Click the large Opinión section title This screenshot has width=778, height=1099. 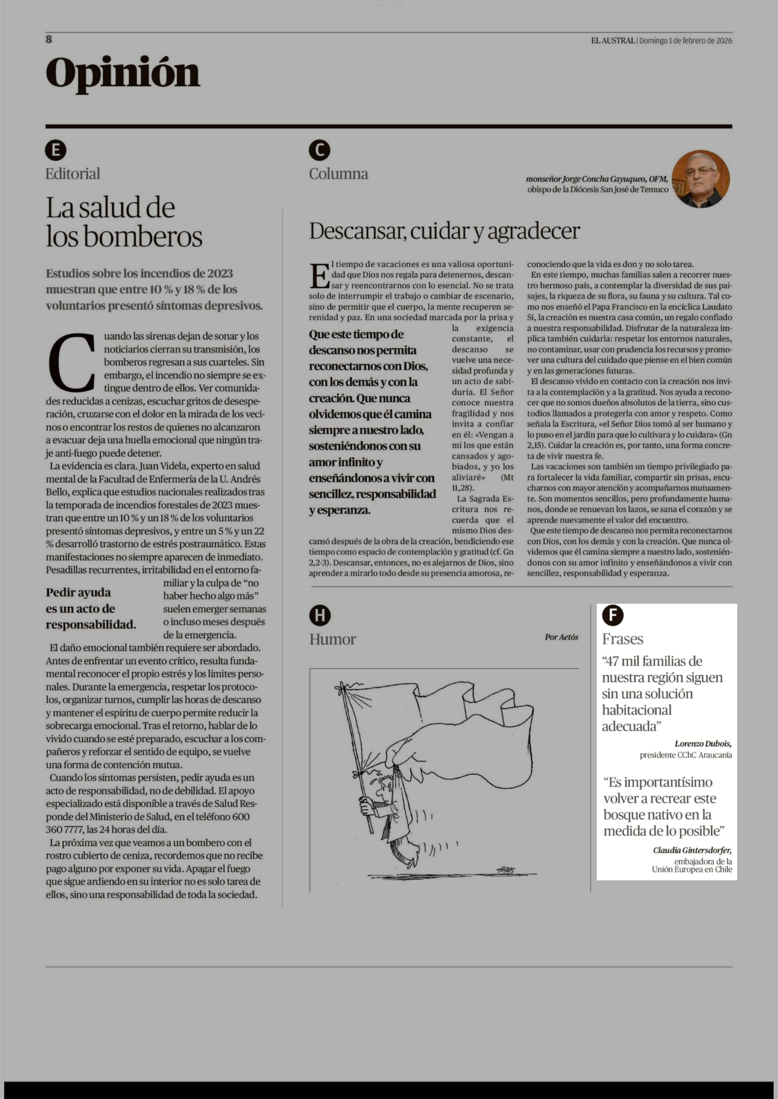click(123, 73)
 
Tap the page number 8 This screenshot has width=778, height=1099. click(49, 39)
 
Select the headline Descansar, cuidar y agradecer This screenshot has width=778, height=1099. click(444, 231)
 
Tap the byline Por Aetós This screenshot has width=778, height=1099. click(561, 637)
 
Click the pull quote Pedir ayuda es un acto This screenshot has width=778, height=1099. click(91, 608)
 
